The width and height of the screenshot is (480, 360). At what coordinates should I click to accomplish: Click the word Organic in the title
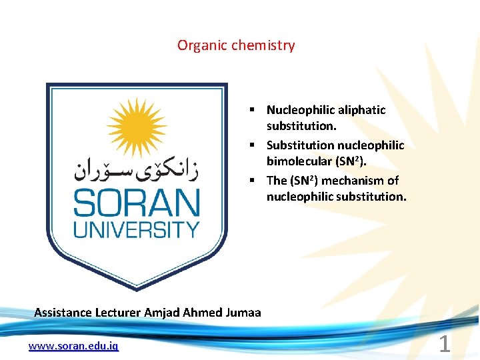(197, 46)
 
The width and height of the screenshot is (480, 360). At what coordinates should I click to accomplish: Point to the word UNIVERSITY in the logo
(136, 230)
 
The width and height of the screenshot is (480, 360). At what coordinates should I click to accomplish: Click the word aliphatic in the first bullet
(362, 110)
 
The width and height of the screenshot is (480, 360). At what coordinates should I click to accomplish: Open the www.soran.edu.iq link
(73, 346)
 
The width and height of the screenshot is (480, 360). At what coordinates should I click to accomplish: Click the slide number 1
(445, 345)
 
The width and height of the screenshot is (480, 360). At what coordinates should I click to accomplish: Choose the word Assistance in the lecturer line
(62, 313)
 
